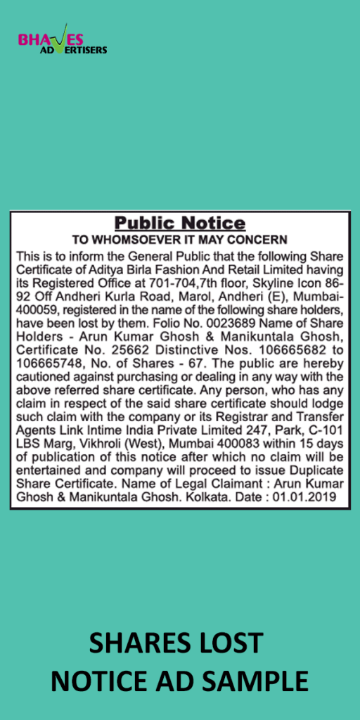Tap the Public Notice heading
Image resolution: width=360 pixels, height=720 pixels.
180,224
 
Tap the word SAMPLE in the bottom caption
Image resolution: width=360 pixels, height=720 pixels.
264,681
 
